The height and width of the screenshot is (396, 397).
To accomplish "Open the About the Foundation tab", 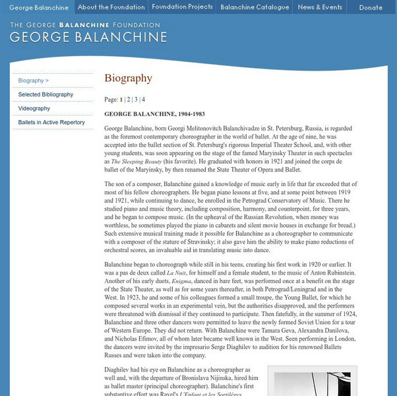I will tap(111, 7).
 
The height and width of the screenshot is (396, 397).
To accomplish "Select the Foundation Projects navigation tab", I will tap(182, 7).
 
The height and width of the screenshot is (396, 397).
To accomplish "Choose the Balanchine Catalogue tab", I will tap(255, 7).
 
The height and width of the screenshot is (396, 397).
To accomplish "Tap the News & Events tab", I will tap(320, 7).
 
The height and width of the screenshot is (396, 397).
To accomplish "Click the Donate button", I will tap(370, 7).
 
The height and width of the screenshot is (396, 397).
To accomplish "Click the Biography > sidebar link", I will tap(34, 81).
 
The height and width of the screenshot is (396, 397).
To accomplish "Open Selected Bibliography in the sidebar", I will tap(46, 94).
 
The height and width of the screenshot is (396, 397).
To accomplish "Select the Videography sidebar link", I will tap(34, 108).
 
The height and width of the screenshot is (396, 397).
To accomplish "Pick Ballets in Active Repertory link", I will tap(51, 122).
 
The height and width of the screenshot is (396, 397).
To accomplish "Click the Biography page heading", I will tap(128, 79).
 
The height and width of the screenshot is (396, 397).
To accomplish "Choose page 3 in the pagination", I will tap(136, 100).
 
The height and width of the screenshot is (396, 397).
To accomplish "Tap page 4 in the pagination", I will tap(143, 100).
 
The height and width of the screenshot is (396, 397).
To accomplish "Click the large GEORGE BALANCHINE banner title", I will tap(88, 36).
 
